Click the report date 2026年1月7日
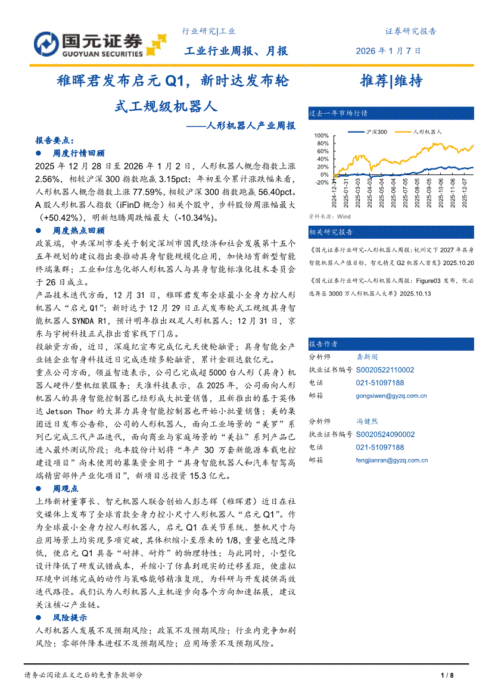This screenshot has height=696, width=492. tap(388, 51)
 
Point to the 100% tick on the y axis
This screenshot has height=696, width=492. tap(320, 136)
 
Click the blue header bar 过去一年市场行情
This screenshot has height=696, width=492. tap(391, 113)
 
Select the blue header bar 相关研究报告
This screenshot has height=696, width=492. tap(391, 232)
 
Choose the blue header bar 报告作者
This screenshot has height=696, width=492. tap(391, 344)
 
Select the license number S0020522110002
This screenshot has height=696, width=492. tap(385, 370)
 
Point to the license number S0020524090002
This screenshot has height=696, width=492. tap(385, 434)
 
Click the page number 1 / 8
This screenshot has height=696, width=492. tap(447, 675)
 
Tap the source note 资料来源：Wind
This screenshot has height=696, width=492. tap(329, 217)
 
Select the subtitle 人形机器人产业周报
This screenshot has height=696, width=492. tap(250, 126)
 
